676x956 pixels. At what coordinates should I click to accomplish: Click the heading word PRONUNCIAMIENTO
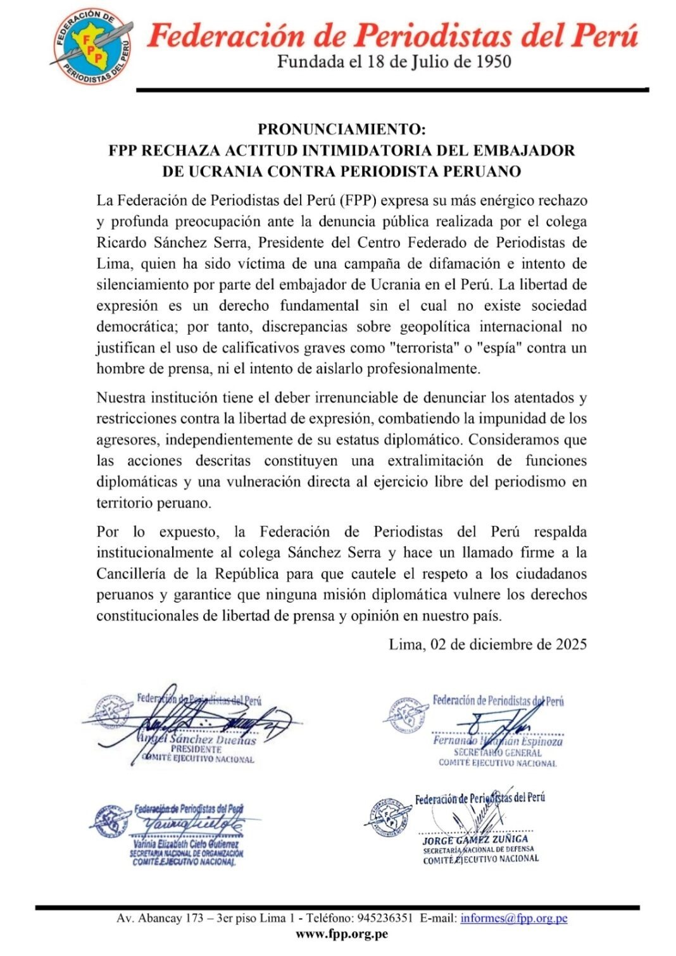[x=342, y=130]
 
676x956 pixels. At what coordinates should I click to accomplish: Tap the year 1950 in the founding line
[x=490, y=62]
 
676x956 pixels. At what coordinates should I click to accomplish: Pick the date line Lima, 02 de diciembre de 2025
[x=487, y=645]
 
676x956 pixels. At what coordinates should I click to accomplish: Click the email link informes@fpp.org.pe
[x=513, y=918]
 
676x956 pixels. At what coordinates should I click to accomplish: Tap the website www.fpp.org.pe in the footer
[x=342, y=933]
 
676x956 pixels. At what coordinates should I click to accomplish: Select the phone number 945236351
[x=385, y=918]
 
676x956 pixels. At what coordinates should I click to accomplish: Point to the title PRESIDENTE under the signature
[x=196, y=749]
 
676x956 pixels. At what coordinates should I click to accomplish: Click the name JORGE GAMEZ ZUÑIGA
[x=475, y=840]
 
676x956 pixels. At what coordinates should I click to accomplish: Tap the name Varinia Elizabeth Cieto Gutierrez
[x=186, y=844]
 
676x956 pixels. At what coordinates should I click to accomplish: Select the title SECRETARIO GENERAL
[x=498, y=753]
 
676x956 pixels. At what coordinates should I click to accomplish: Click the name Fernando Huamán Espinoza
[x=498, y=741]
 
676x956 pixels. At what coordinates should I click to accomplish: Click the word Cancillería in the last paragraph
[x=132, y=574]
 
